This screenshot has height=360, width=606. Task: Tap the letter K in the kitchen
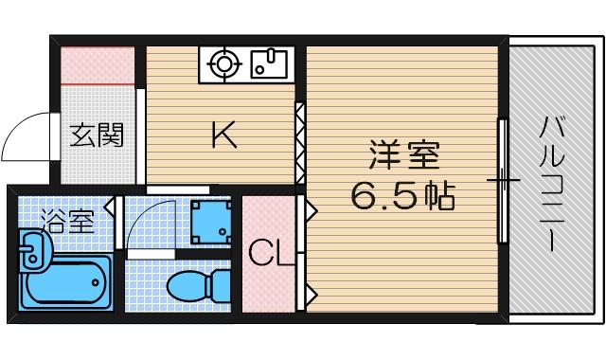point(223,137)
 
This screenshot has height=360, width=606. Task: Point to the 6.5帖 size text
point(402,196)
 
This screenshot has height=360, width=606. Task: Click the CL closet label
point(267,253)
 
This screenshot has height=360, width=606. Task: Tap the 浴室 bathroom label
point(67,223)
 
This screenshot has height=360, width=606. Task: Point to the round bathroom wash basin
point(31,253)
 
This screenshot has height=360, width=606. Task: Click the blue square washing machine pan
point(210,223)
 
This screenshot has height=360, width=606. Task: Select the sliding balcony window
point(503,180)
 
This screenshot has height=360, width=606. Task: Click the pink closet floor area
point(267,284)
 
